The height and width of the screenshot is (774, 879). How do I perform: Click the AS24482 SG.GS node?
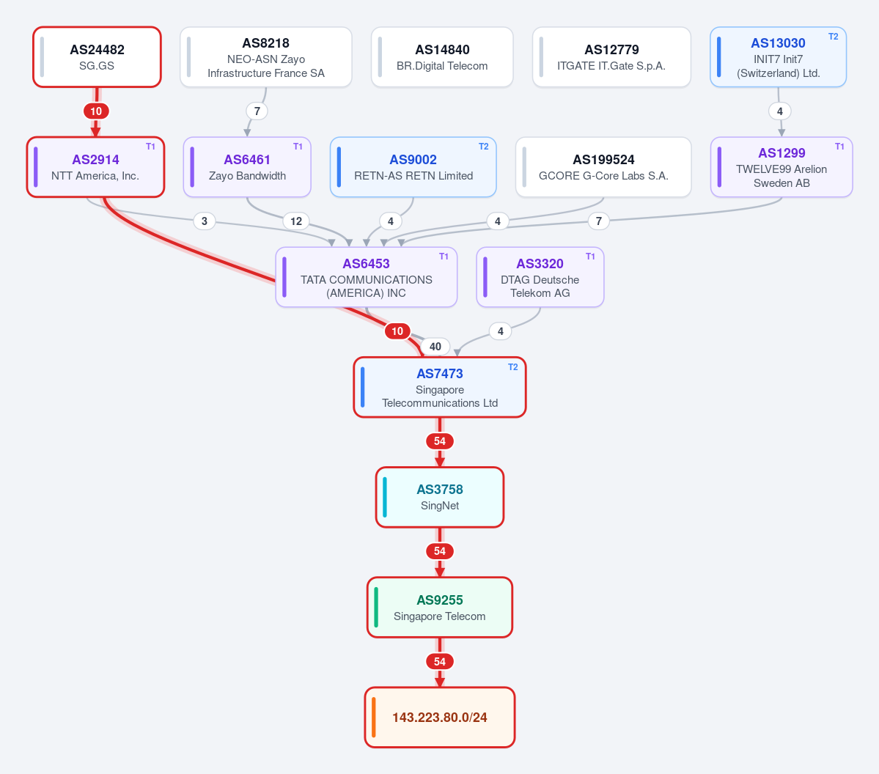point(97,57)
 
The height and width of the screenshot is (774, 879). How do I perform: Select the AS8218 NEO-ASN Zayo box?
point(265,57)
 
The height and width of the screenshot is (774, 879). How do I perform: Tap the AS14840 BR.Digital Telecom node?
point(442,57)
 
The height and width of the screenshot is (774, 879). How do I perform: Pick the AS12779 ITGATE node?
point(611,57)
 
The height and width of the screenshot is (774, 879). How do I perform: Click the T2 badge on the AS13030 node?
point(833,37)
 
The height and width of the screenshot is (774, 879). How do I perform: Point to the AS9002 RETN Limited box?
point(413,167)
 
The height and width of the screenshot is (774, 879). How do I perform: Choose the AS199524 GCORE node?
point(603,167)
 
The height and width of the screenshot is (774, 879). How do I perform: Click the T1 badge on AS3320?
point(590,256)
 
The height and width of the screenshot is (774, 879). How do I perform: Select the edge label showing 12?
point(296,221)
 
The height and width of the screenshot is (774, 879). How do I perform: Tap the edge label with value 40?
point(435,347)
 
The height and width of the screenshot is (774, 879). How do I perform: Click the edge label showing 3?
point(205,221)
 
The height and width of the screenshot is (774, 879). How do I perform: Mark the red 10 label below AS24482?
point(97,111)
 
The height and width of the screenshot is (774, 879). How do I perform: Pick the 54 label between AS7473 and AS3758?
point(440,441)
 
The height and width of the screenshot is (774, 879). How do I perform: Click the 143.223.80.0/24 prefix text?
point(440,718)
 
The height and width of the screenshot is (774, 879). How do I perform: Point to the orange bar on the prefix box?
point(373,718)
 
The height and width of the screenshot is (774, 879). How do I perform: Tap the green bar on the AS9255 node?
point(375,608)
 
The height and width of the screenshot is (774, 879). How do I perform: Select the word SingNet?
point(440,506)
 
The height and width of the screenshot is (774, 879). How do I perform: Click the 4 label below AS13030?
point(780,111)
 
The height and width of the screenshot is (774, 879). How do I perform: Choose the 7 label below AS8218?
point(257,111)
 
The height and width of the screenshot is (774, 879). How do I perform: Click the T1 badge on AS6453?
point(444,256)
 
